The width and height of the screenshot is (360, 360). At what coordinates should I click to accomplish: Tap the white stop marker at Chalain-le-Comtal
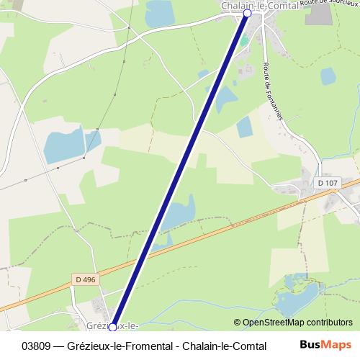(x=248, y=13)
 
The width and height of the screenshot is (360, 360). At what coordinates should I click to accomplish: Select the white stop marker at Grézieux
(x=112, y=328)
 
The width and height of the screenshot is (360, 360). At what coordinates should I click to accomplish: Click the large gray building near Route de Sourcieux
(x=318, y=15)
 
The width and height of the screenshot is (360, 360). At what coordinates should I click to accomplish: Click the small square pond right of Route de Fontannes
(x=328, y=76)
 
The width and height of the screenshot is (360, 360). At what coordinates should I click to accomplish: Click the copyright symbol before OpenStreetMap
(x=238, y=323)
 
